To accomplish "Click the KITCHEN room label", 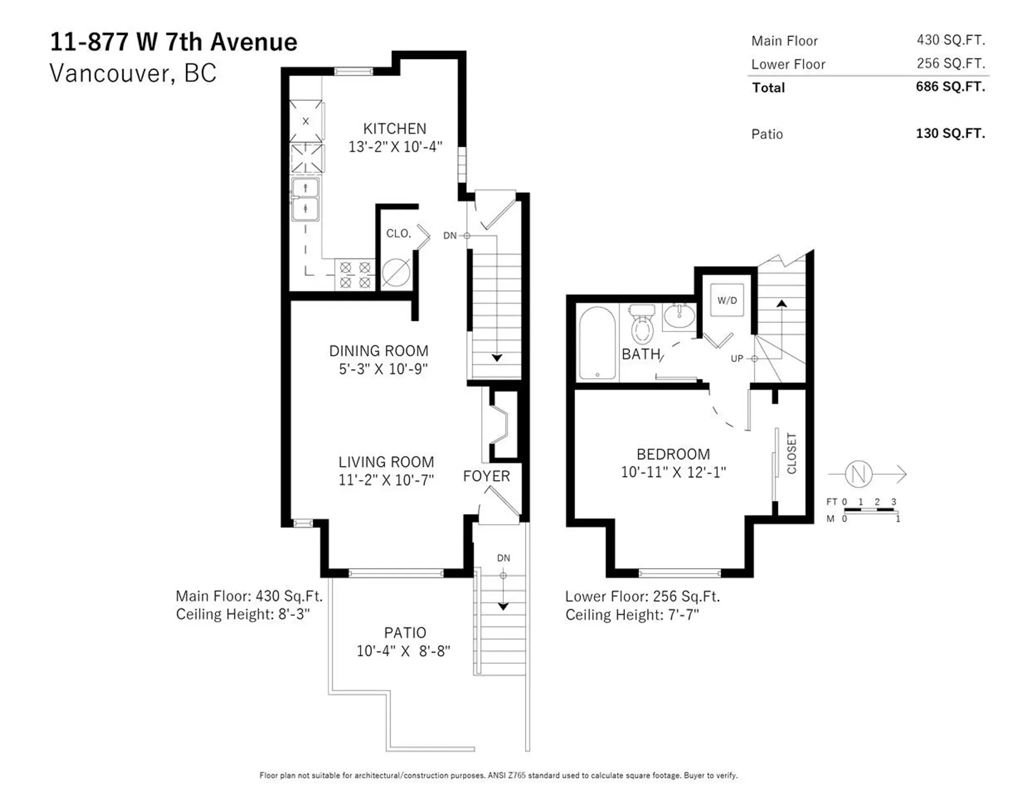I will coord(394,129).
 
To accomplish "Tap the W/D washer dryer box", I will coord(727,300).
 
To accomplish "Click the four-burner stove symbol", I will coord(355,275).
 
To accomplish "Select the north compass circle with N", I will coord(858,474).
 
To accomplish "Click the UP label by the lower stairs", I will coord(737,358).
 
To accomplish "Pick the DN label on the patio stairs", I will coord(503,558).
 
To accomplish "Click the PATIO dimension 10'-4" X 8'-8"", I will coord(403,651).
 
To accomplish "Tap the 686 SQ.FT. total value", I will coord(950,87).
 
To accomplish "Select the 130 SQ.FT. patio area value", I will coord(950,134).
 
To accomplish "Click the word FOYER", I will coord(486,476).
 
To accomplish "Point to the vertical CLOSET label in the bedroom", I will coord(792,453).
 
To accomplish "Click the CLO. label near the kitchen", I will coord(399,233).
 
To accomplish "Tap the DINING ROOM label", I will coord(379,351).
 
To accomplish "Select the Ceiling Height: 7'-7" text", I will coord(632,615).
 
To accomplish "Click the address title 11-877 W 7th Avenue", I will coord(173,42).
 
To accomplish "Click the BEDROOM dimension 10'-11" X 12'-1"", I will coord(673,472).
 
